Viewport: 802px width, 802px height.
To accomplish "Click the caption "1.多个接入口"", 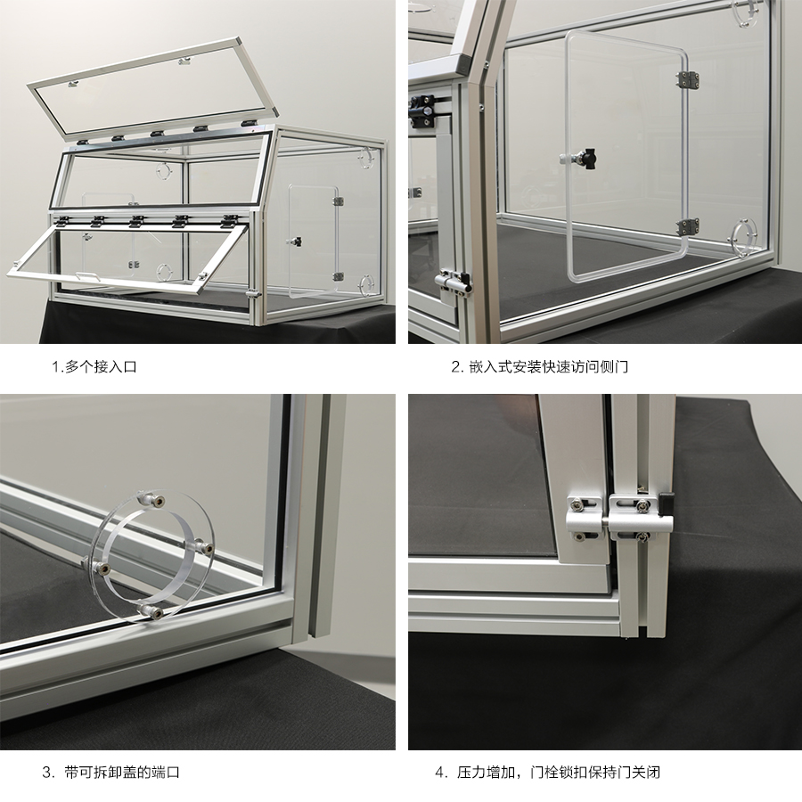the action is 94,366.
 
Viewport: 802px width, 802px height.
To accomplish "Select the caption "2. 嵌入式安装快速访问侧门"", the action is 540,366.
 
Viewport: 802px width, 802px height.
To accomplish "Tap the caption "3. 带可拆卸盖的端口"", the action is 111,772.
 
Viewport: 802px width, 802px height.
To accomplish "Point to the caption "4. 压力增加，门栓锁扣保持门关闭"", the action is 548,772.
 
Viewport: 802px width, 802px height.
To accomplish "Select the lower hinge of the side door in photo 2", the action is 688,227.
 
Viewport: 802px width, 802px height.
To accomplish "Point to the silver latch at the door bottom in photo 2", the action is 452,281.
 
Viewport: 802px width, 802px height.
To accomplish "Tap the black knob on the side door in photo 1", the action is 295,241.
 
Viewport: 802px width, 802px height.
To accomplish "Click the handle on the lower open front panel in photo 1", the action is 87,276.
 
